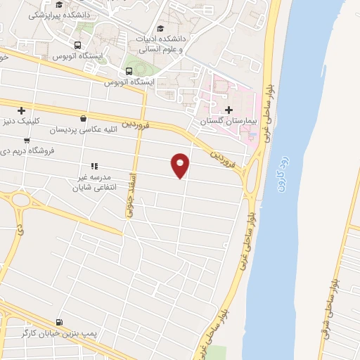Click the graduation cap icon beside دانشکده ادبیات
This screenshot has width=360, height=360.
pos(160,28)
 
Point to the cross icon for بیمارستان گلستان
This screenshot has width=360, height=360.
pos(229,110)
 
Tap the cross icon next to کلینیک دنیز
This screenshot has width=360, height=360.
pos(22,110)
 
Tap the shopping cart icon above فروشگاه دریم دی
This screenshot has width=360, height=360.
pos(27,139)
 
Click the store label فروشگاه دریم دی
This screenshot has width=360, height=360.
pos(25,151)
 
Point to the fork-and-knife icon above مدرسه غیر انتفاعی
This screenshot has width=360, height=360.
pos(94,166)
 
